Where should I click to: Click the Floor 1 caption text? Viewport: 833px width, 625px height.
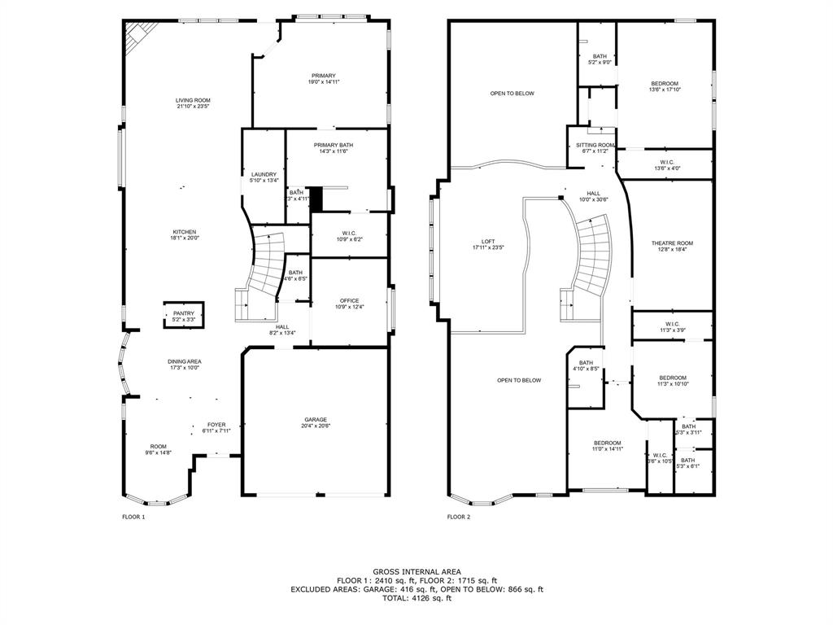pos(133,517)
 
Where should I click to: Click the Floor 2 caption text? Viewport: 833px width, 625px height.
pos(458,517)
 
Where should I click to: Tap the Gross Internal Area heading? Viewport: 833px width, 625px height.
pos(416,572)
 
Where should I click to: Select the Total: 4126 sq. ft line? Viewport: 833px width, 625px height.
pos(416,598)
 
